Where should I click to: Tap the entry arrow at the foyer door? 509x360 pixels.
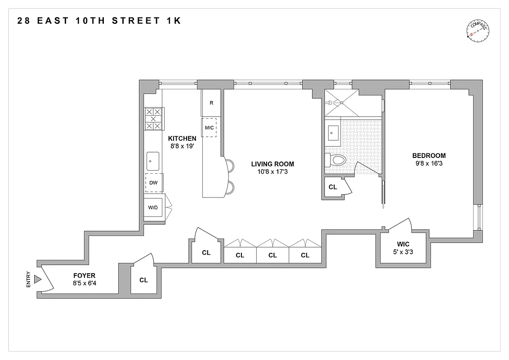coord(38,280)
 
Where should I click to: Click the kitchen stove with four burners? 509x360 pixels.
coord(153,119)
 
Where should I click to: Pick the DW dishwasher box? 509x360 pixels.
coord(153,183)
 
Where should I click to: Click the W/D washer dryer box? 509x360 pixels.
coord(153,207)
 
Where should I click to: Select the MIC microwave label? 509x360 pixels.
coord(209,127)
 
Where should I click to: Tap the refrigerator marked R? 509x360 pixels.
coord(211,103)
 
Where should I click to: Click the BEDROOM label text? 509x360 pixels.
coord(429,156)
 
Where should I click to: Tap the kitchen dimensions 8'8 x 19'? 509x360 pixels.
coord(182,146)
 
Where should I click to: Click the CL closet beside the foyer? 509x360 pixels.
coord(143,280)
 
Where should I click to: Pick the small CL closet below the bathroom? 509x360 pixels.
coord(333,187)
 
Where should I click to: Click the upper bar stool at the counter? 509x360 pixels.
coord(230,166)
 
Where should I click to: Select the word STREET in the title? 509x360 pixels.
coord(133,20)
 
